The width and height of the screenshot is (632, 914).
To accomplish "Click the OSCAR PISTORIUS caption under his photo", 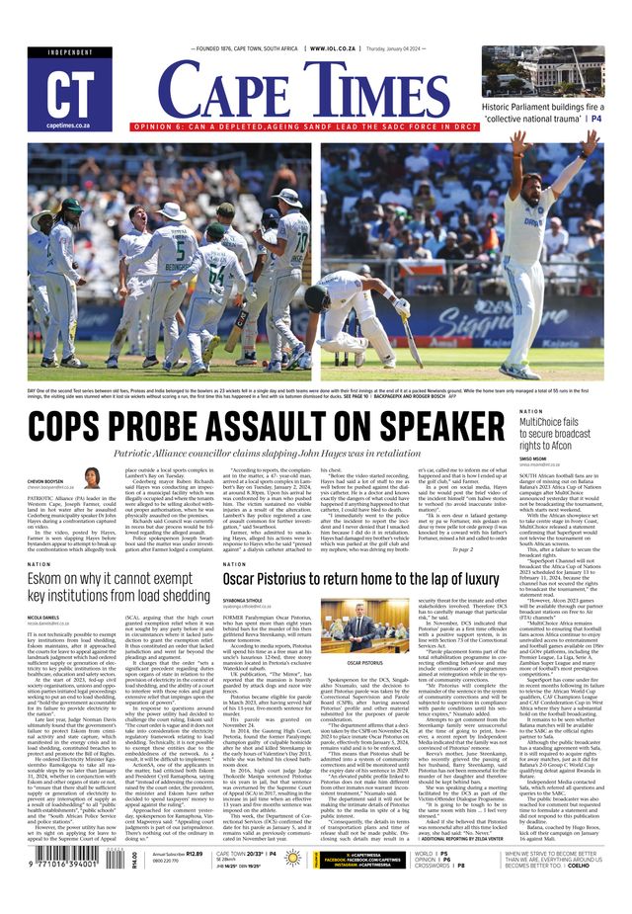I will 363,662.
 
